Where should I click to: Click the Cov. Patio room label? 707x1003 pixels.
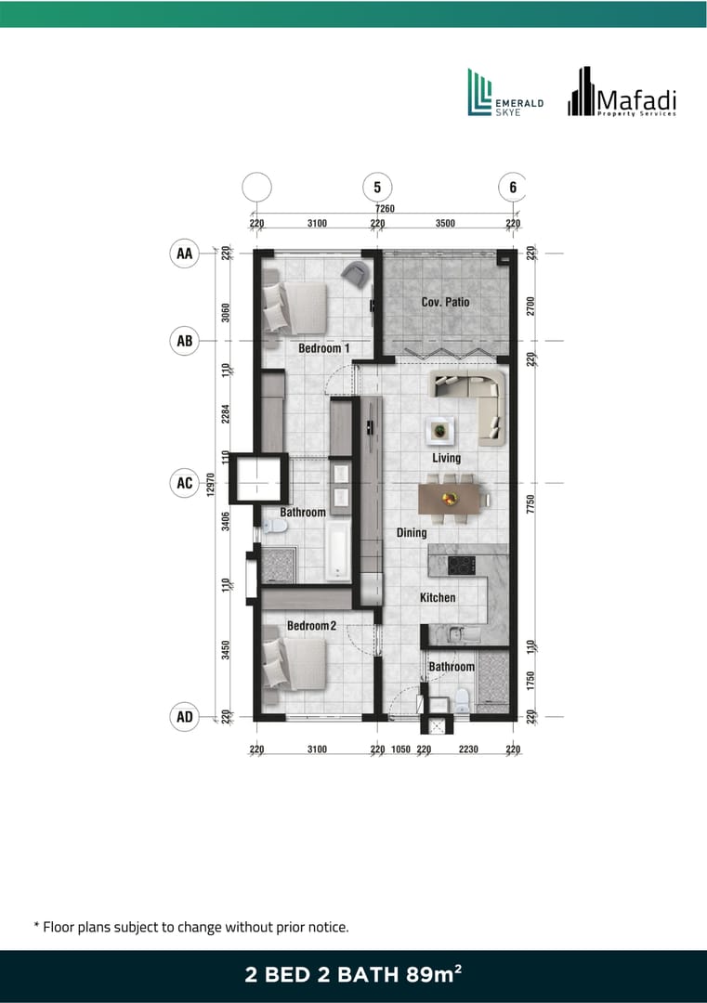click(x=445, y=302)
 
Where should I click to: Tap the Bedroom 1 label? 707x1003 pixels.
click(x=323, y=348)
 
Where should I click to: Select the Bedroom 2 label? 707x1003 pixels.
click(x=311, y=626)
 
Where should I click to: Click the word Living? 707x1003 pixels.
click(x=446, y=458)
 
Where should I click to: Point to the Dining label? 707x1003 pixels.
click(x=412, y=533)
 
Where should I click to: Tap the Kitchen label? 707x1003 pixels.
click(x=438, y=597)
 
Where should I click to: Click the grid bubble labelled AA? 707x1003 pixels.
click(x=184, y=254)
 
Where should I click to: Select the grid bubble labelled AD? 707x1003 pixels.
click(x=184, y=717)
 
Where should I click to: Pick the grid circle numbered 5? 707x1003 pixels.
click(x=377, y=188)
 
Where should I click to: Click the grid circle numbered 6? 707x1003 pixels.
click(x=513, y=188)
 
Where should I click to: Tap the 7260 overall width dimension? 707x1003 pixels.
click(x=386, y=209)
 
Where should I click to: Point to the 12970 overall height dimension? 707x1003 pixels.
click(x=211, y=484)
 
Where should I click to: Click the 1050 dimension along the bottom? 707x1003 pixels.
click(x=400, y=749)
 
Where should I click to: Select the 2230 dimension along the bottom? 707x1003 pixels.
click(x=468, y=749)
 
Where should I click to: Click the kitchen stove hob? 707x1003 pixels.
click(x=462, y=566)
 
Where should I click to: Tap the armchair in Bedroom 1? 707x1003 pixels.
click(x=355, y=273)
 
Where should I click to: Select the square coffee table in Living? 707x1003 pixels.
click(x=440, y=431)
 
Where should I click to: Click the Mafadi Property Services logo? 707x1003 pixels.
click(x=622, y=92)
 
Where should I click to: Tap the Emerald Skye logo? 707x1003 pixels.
click(x=505, y=93)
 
